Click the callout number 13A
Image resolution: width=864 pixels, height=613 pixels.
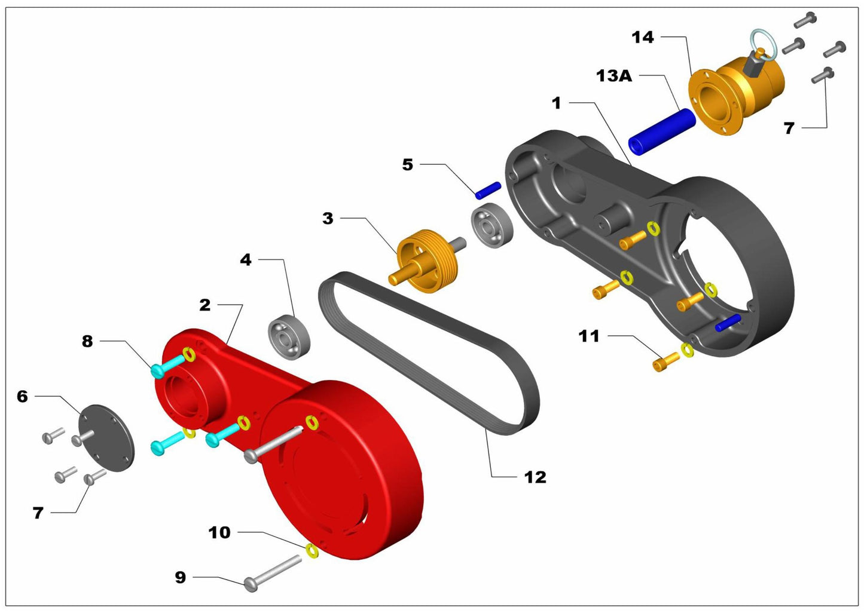[614, 76]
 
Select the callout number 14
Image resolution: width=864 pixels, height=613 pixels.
[643, 37]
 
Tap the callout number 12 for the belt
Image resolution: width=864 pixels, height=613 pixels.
[535, 477]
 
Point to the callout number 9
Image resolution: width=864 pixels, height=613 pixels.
[180, 577]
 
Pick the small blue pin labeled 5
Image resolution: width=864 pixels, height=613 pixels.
[488, 190]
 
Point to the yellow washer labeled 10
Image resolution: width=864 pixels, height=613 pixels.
[312, 550]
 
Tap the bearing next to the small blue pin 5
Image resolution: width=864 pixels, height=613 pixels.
[493, 225]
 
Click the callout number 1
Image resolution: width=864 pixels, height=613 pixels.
[557, 103]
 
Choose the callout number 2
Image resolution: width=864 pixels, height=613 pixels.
[205, 305]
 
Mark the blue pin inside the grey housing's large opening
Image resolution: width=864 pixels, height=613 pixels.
[728, 323]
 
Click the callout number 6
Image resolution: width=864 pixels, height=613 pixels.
[22, 396]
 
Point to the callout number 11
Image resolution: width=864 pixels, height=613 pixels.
[589, 336]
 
